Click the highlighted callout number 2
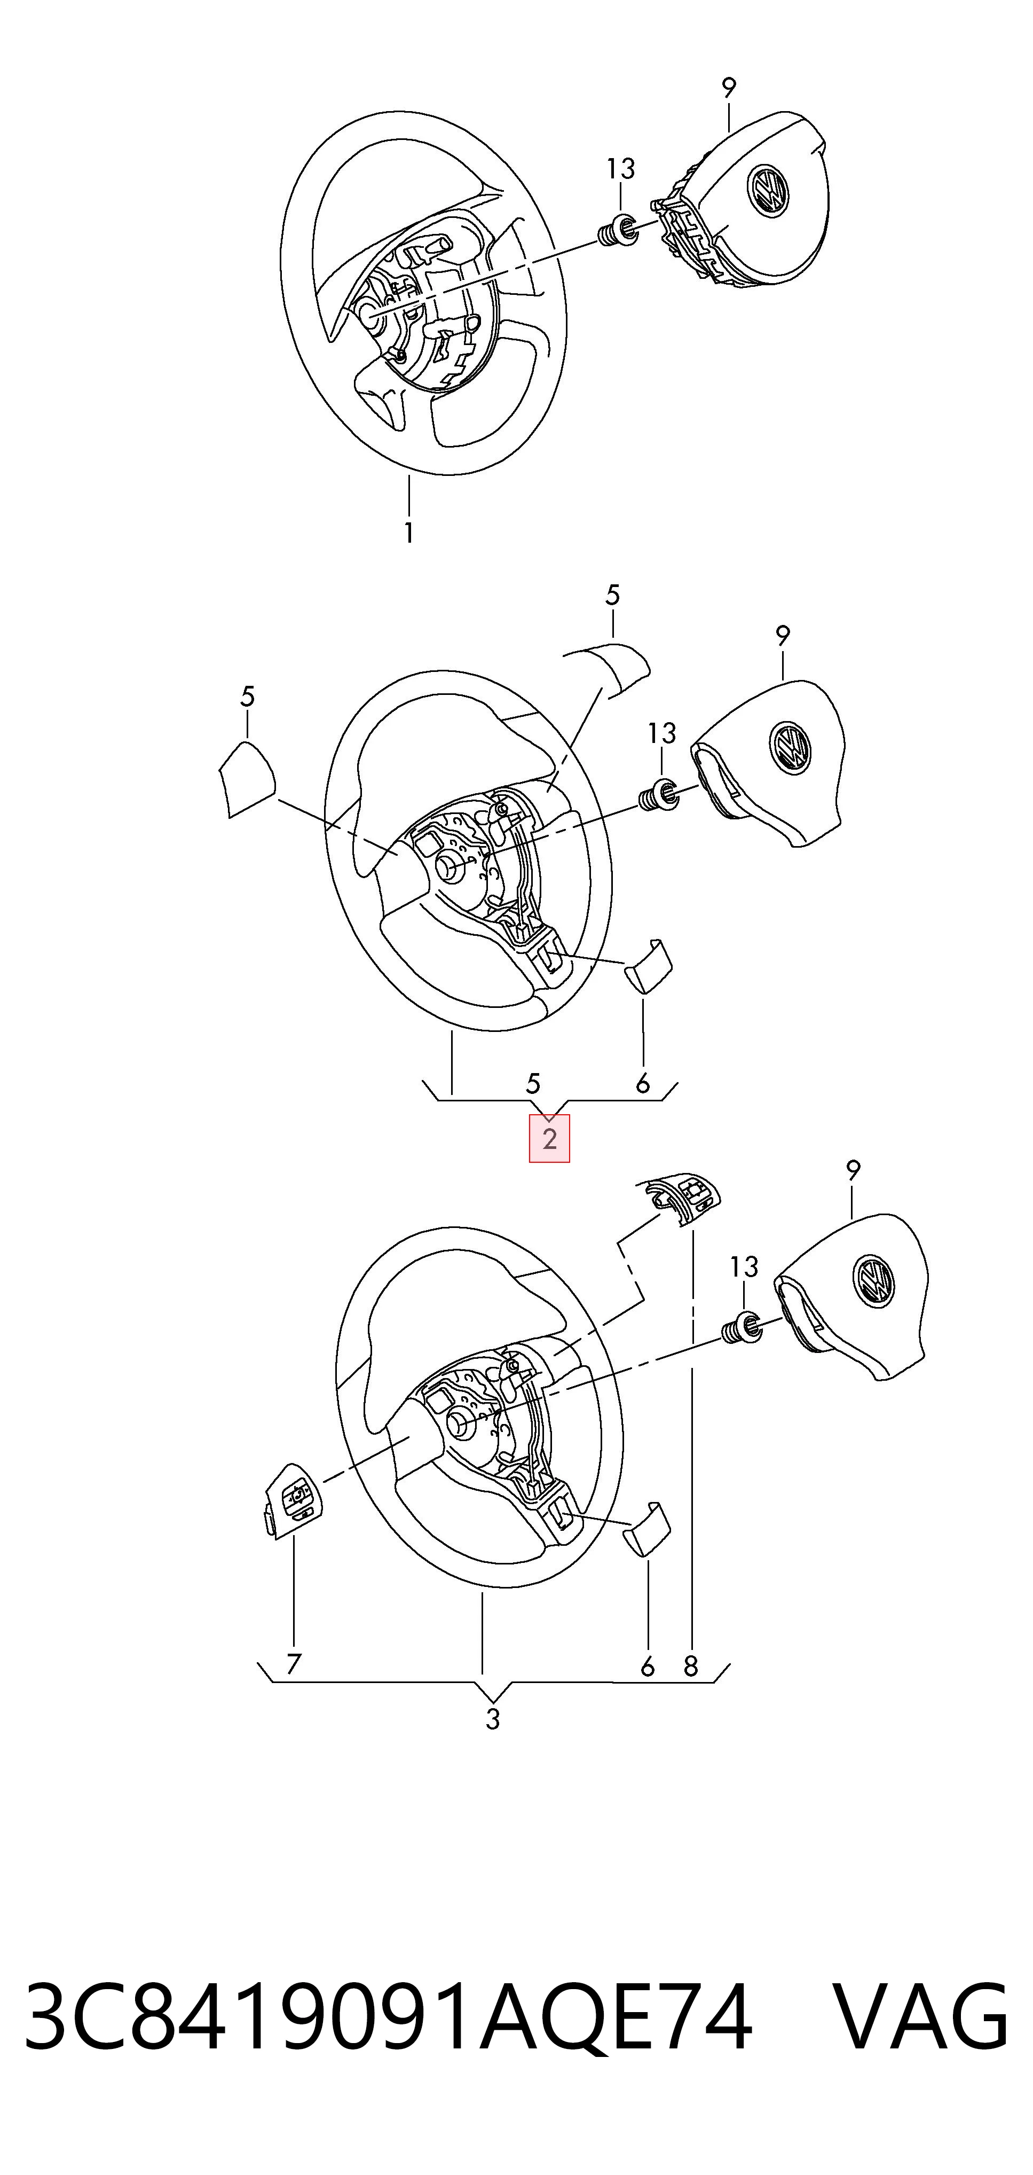tap(549, 1139)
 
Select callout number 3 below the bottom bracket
tap(493, 1719)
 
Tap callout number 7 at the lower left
tap(293, 1664)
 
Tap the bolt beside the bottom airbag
tap(743, 1329)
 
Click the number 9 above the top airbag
tap(729, 88)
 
